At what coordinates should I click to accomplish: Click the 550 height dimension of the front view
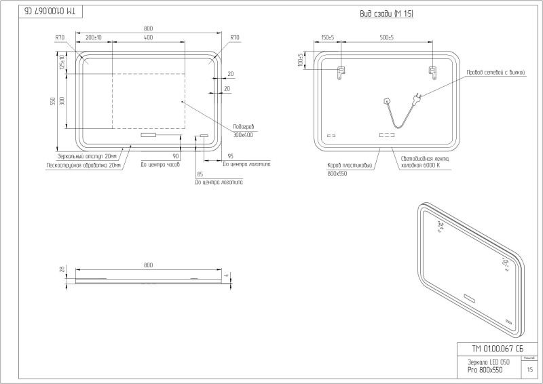tap(52, 101)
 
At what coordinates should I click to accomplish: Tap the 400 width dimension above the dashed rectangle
tap(148, 38)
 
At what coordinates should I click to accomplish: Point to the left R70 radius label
tap(60, 38)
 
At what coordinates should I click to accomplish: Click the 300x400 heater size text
tap(242, 135)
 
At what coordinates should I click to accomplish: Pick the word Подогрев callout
tap(242, 127)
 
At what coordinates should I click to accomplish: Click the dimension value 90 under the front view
tap(175, 156)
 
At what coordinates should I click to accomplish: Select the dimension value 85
tap(199, 174)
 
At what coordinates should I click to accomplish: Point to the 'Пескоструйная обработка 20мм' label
tap(83, 165)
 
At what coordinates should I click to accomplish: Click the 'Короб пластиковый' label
tap(349, 165)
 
